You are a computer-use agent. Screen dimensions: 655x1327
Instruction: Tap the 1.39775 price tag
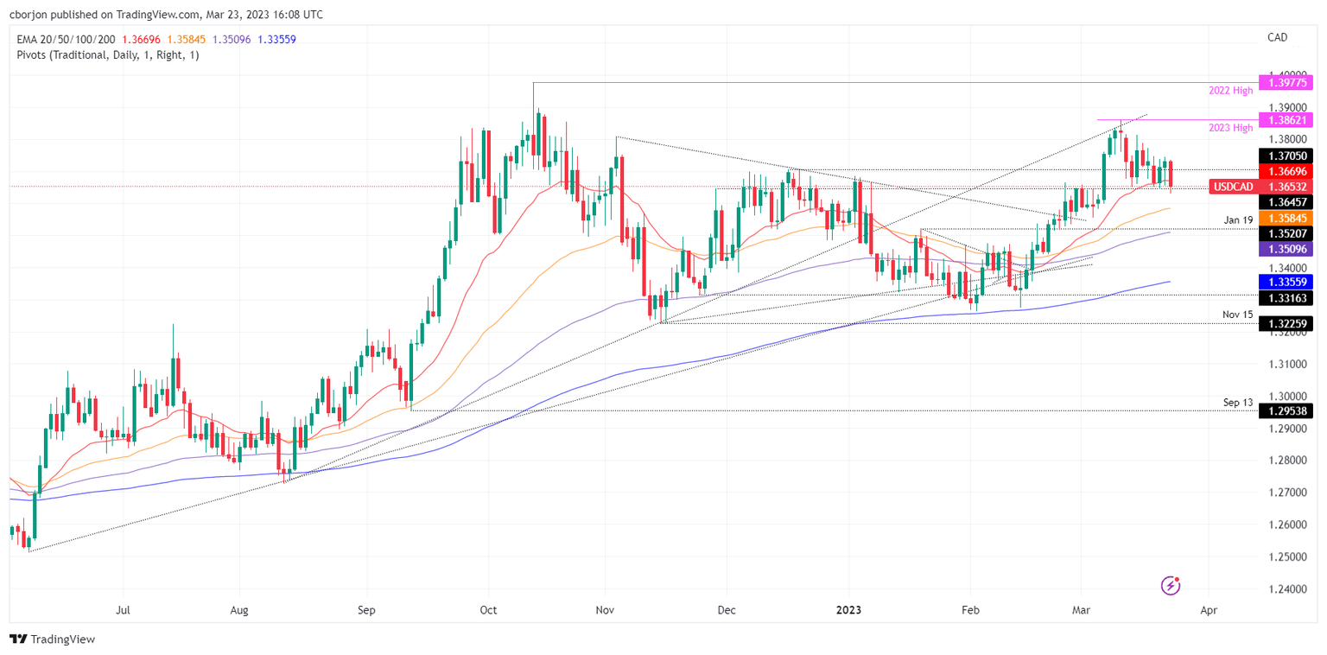[x=1286, y=83]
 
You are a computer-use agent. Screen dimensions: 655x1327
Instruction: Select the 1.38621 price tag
[x=1286, y=119]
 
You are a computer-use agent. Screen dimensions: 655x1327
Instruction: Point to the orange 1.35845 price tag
[x=1286, y=218]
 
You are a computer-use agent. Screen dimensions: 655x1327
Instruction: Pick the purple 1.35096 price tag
[x=1286, y=249]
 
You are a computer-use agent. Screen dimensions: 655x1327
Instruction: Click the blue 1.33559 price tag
[x=1286, y=282]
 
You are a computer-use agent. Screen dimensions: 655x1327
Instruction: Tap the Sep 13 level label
[x=1237, y=403]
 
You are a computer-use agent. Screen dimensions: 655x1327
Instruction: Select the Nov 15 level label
[x=1237, y=315]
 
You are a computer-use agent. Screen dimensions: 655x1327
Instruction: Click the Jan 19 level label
[x=1237, y=220]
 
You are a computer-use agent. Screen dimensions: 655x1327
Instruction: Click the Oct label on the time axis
[x=488, y=610]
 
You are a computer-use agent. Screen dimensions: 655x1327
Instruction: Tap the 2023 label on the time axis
[x=849, y=610]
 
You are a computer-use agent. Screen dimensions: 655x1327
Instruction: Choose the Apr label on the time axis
[x=1209, y=610]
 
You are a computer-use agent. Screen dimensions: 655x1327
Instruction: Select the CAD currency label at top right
[x=1277, y=36]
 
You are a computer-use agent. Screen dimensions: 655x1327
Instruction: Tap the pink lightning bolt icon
[x=1171, y=586]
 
